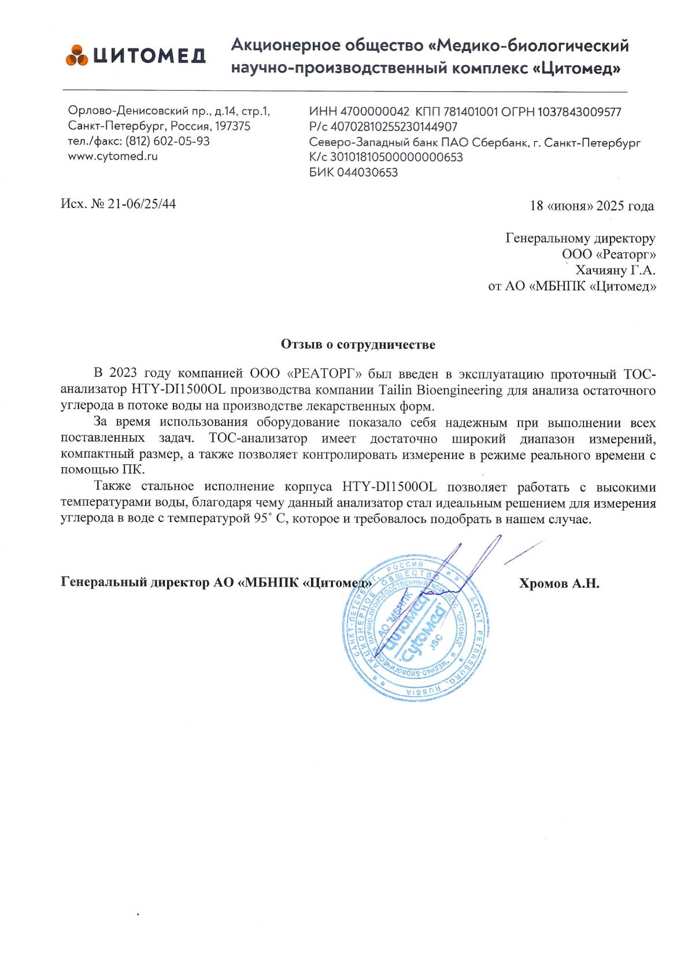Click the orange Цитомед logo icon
(x=76, y=55)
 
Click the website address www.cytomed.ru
(x=113, y=156)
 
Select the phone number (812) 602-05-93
(x=168, y=141)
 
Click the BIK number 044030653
(x=367, y=172)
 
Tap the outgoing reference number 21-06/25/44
(x=142, y=204)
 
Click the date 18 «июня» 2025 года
(x=592, y=206)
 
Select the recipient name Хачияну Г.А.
(x=615, y=270)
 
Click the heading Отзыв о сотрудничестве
(x=358, y=345)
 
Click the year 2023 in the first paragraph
(x=123, y=373)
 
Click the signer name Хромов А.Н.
(x=559, y=583)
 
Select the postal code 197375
(x=233, y=126)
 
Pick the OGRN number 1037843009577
(x=579, y=112)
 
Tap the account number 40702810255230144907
(x=393, y=127)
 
